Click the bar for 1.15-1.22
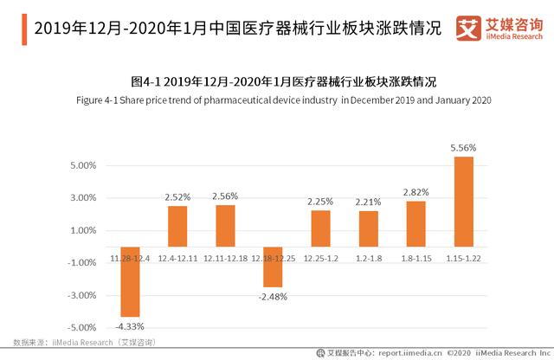pyautogui.click(x=463, y=201)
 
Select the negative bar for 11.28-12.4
pyautogui.click(x=130, y=281)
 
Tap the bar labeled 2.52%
pyautogui.click(x=177, y=226)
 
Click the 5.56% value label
pyautogui.click(x=463, y=149)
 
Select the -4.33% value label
pyautogui.click(x=130, y=326)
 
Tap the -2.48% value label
pyautogui.click(x=273, y=296)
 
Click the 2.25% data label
pyautogui.click(x=320, y=202)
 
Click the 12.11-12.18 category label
pyautogui.click(x=225, y=258)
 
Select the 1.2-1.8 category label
pyautogui.click(x=368, y=258)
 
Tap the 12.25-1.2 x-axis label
pyautogui.click(x=320, y=258)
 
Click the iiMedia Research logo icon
pyautogui.click(x=470, y=26)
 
